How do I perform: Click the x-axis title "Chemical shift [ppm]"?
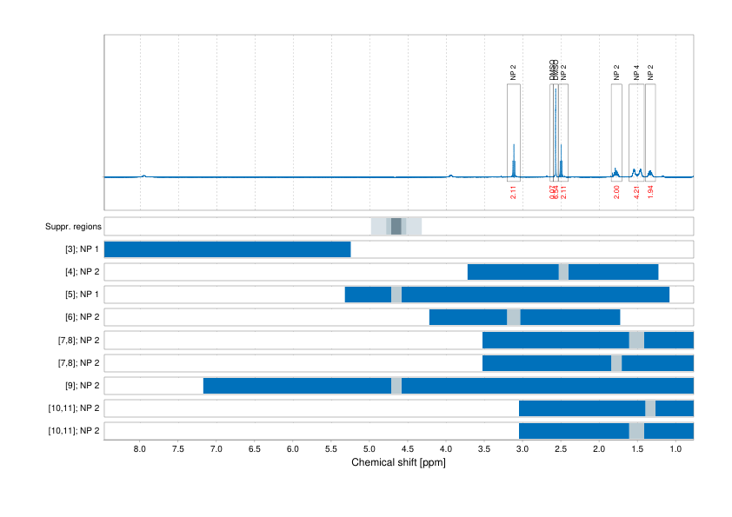point(398,462)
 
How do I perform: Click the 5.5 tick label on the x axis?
point(331,449)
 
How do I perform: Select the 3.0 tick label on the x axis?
point(522,449)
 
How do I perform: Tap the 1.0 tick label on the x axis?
point(675,449)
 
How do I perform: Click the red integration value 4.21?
point(636,192)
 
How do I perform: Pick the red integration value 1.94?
point(650,192)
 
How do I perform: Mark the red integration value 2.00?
point(616,192)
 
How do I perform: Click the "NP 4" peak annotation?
point(636,73)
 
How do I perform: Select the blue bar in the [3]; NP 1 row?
point(227,249)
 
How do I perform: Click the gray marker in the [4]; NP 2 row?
point(563,272)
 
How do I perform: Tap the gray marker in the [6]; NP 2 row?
point(513,317)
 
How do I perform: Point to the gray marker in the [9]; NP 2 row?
point(396,385)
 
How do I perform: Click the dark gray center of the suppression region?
point(396,227)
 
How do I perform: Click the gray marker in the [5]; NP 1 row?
point(396,295)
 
